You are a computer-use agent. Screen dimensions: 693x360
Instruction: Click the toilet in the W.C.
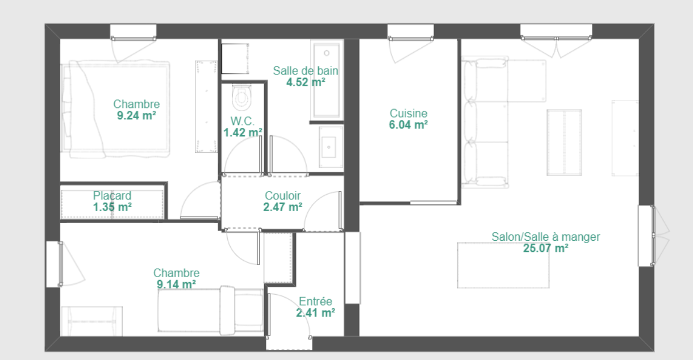pos(241,98)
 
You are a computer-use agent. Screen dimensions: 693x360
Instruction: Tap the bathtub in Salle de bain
pos(327,80)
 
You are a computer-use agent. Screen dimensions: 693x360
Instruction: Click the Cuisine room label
pos(408,113)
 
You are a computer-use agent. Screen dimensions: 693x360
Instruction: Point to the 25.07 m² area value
pos(546,248)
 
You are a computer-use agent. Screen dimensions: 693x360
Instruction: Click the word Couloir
pos(283,195)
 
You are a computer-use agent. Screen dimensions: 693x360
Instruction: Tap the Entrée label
pos(316,302)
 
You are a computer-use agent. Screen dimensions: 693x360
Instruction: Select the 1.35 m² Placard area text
pos(112,207)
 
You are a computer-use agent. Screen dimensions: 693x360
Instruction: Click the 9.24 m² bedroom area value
pos(136,115)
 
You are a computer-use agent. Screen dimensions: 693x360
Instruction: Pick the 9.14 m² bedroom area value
pos(176,284)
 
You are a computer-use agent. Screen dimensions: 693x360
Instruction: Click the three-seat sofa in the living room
pos(485,122)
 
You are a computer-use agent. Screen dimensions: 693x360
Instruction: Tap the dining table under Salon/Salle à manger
pos(503,265)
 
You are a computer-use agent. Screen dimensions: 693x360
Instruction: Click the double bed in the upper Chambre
pos(116,109)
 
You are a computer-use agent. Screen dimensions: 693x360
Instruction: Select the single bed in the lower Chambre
pos(211,310)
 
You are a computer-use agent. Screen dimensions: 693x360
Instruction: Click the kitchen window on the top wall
pos(411,33)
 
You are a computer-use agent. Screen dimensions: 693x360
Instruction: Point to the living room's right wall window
pos(646,236)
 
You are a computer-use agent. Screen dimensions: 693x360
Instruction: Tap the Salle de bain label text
pos(306,71)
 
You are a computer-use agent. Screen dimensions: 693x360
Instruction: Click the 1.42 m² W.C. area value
pos(243,133)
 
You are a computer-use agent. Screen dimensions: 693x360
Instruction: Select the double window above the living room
pos(556,32)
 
